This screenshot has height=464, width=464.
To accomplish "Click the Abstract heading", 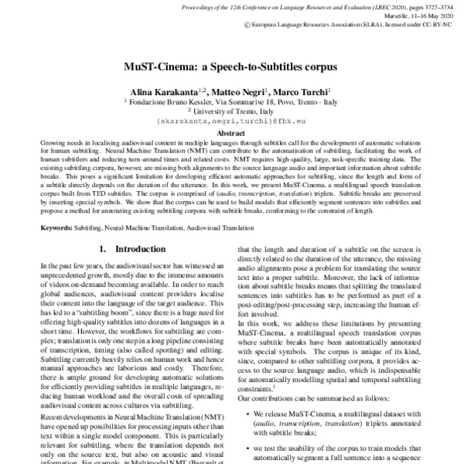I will (x=232, y=133).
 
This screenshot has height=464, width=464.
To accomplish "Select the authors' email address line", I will (x=232, y=122).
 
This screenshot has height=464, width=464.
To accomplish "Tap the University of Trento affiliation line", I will (x=232, y=111).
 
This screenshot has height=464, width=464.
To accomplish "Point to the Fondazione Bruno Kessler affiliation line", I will (x=232, y=101).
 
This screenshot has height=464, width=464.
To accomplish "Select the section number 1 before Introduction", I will (x=103, y=251).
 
